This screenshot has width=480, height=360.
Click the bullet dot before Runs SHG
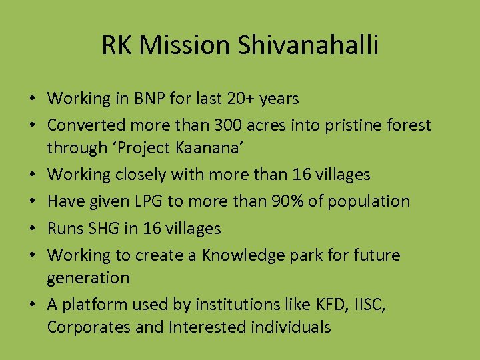(33, 229)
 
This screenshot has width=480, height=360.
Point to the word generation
(88, 277)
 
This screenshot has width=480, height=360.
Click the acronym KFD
(325, 304)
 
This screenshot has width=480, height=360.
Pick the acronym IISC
(366, 304)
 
